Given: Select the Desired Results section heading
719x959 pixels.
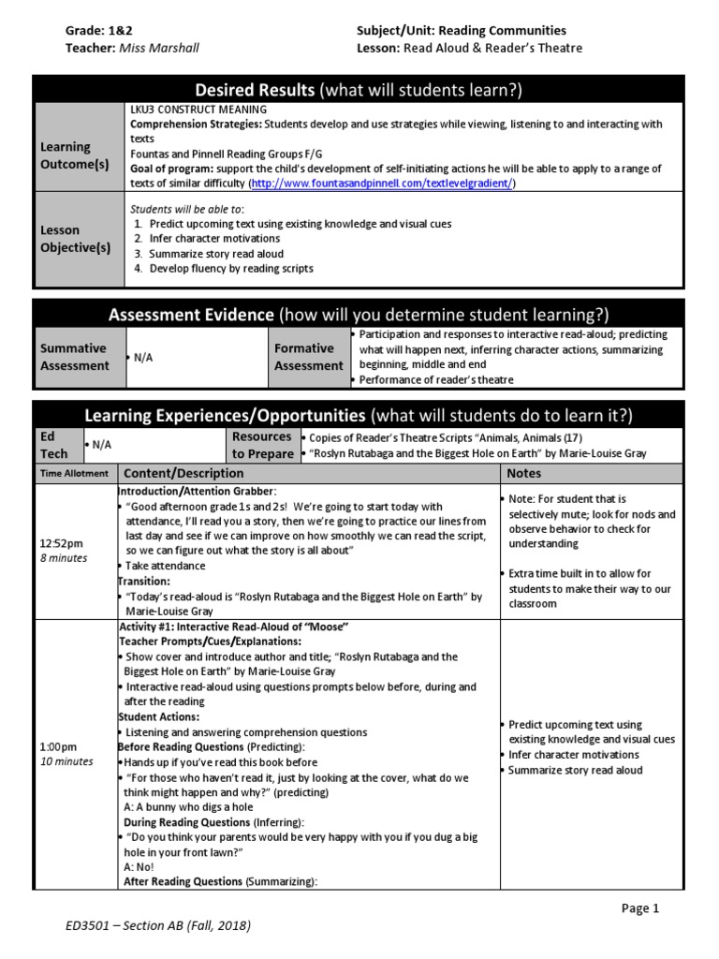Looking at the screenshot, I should click(359, 90).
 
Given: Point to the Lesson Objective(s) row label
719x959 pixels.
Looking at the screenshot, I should click(75, 239).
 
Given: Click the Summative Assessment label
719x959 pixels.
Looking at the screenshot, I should click(75, 357).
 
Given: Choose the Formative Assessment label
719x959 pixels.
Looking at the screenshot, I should click(308, 357).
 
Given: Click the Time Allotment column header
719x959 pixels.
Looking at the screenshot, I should click(74, 474).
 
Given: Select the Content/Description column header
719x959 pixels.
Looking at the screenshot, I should click(183, 474).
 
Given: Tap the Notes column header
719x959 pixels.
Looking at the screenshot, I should click(524, 474).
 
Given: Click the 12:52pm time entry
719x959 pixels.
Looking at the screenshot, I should click(62, 543).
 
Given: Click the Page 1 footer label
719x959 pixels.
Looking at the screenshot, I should click(641, 907).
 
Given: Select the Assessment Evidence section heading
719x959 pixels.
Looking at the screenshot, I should click(359, 315).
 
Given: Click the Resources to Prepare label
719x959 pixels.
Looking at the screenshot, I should click(261, 445).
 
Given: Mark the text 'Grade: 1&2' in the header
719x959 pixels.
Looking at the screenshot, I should click(98, 31).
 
